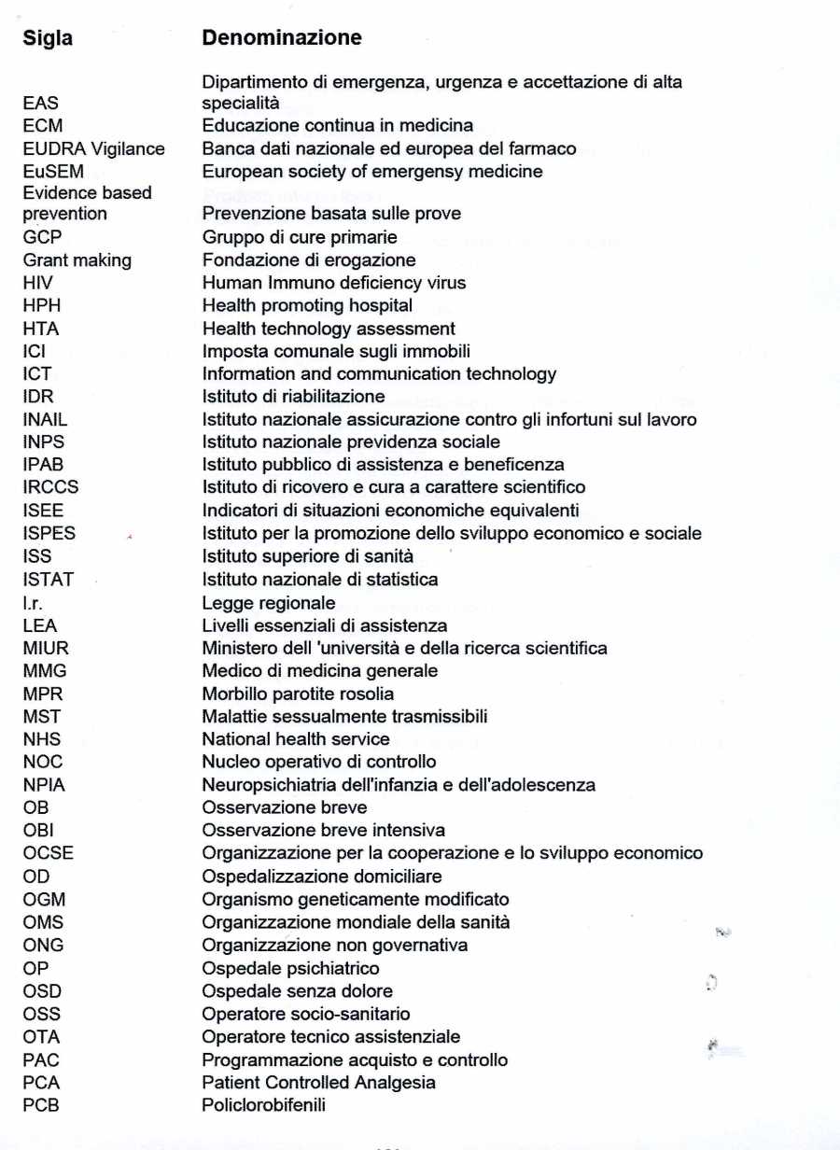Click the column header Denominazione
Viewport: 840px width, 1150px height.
282,38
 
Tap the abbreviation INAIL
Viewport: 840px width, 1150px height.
45,420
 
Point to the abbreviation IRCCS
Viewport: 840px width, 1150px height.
50,487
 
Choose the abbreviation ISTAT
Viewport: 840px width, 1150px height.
48,580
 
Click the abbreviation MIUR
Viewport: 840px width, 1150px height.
46,648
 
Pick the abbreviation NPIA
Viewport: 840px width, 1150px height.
44,785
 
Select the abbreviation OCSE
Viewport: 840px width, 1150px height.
48,853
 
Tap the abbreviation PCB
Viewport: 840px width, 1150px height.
42,1106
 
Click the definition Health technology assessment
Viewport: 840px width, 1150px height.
329,329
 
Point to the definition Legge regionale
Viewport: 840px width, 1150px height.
269,603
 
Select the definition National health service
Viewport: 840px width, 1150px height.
296,739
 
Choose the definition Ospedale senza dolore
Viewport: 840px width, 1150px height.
297,991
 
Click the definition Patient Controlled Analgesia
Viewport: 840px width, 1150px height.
318,1083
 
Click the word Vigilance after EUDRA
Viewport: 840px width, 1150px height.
129,148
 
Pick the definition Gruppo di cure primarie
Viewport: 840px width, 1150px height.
300,237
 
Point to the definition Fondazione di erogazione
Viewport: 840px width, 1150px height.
309,260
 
